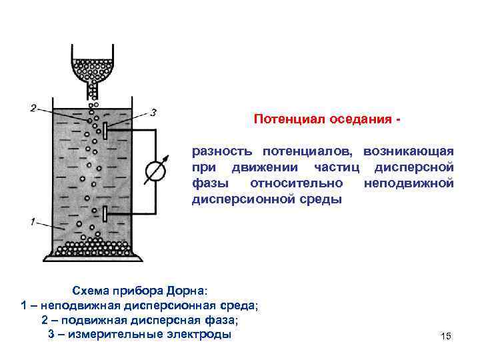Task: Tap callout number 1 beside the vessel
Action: point(32,221)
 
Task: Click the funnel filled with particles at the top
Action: point(93,67)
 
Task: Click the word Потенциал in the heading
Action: point(284,120)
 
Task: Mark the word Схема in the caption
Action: point(92,291)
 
